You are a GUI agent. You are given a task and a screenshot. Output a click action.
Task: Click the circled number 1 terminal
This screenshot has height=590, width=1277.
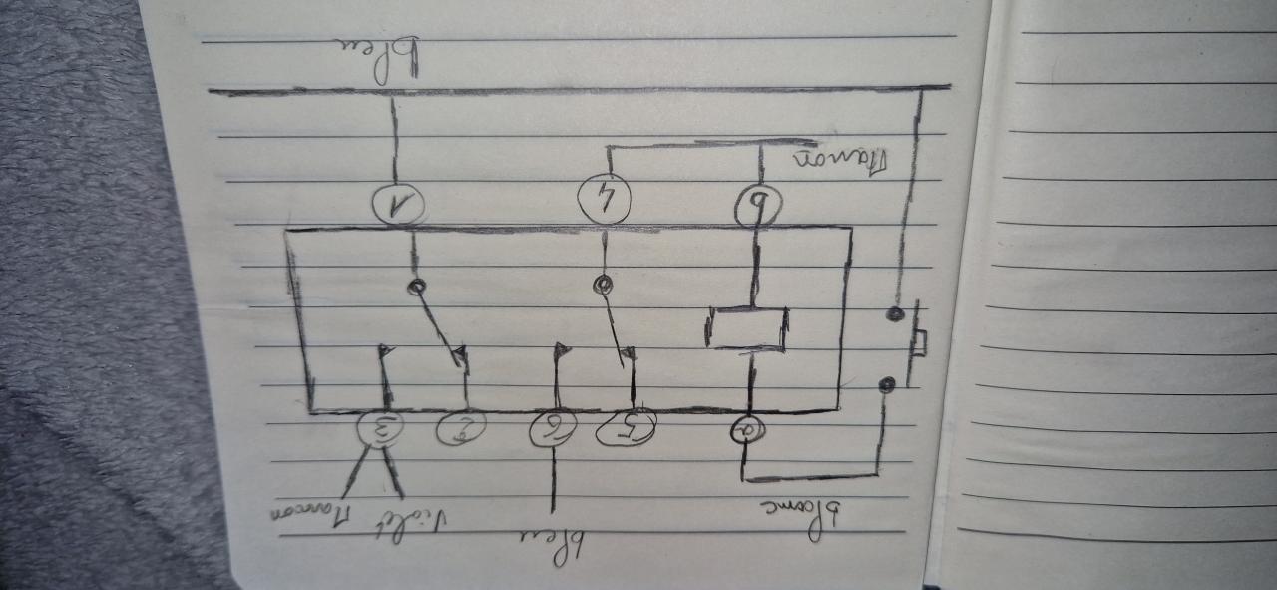(398, 206)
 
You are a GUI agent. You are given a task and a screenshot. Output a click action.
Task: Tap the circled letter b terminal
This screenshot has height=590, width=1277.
(762, 207)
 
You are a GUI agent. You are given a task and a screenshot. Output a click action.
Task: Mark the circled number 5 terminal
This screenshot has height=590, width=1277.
(627, 429)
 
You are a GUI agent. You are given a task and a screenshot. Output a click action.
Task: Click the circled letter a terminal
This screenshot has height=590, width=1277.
(747, 431)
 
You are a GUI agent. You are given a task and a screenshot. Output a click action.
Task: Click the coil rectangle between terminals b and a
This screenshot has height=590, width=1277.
(748, 327)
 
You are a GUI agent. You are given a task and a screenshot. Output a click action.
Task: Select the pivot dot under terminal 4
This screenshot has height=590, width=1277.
(602, 286)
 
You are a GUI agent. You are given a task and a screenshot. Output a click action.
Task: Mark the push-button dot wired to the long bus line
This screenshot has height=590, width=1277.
(896, 314)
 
